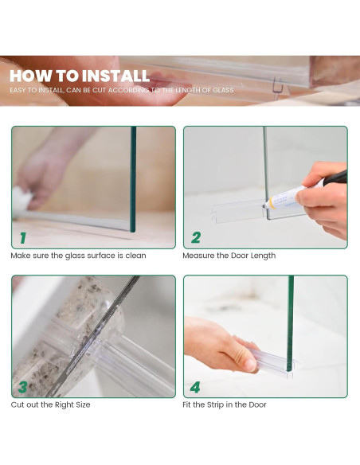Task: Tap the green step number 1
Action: point(23,238)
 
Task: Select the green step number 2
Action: point(196,237)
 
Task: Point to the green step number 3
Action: point(23,387)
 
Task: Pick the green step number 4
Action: point(195,387)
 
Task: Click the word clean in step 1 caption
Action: point(135,256)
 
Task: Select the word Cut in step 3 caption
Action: point(18,404)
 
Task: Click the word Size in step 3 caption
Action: point(83,404)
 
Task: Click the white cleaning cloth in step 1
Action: point(22,197)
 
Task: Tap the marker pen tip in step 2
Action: point(264,205)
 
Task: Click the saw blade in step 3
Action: point(94,335)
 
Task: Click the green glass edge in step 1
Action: point(133,179)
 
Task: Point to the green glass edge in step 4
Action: point(291,323)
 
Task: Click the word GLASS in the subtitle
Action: point(222,90)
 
